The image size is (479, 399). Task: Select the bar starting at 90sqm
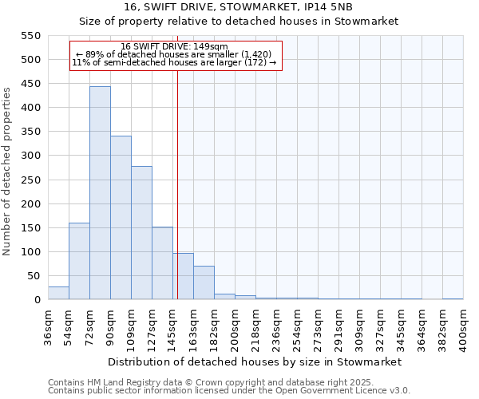(121, 218)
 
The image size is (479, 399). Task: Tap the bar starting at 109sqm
(141, 233)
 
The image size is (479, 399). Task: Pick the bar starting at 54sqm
(79, 261)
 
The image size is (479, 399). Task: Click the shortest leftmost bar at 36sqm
(58, 293)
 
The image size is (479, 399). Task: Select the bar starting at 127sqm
(162, 263)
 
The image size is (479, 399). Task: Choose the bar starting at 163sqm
(204, 282)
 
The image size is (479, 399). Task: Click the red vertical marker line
(177, 184)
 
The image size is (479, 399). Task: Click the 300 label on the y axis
(30, 156)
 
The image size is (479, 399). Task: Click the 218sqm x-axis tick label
(255, 327)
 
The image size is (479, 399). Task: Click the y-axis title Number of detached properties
(8, 172)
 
